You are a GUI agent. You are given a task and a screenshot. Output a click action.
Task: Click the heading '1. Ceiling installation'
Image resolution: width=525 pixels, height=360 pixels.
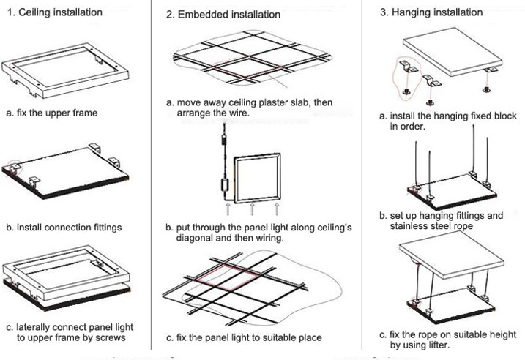click(x=55, y=12)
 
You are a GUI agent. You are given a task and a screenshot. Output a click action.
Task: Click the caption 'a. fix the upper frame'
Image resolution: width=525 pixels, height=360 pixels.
click(x=52, y=113)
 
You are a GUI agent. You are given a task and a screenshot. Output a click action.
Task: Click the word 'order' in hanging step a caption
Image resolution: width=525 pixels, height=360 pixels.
click(x=418, y=127)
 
